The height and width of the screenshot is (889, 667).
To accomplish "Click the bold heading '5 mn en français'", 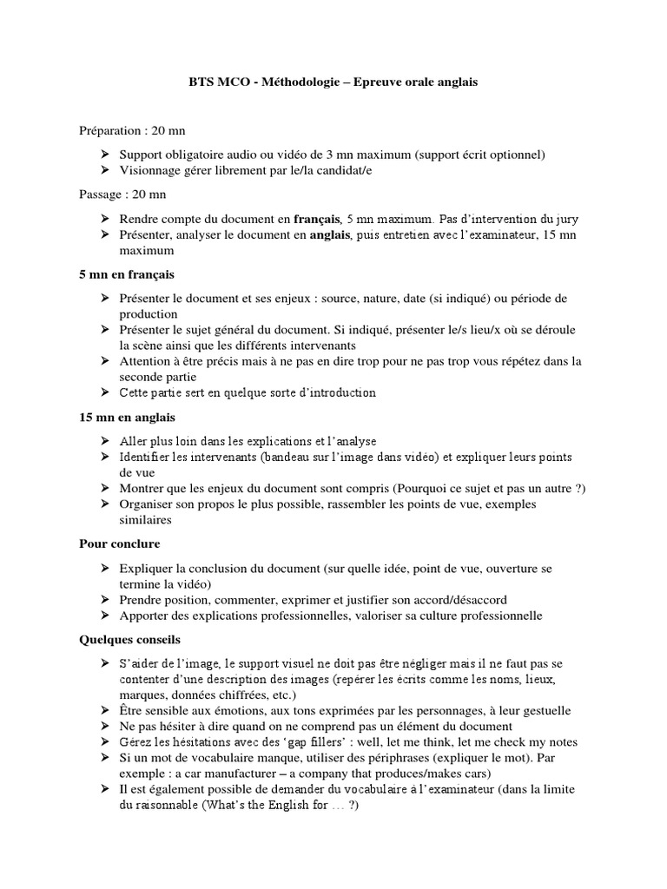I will click(x=127, y=274).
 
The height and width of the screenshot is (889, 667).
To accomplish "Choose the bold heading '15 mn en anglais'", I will click(x=127, y=418).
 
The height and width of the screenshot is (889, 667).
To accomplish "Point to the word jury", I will click(x=566, y=219).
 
